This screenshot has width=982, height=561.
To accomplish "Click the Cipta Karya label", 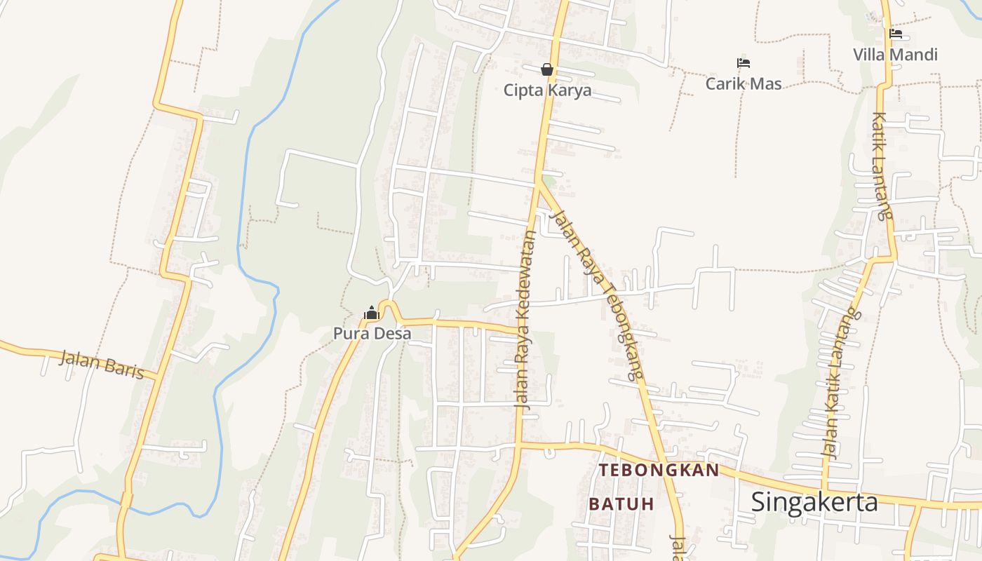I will [x=547, y=90].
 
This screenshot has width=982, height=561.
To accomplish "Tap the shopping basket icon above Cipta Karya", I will [x=547, y=69].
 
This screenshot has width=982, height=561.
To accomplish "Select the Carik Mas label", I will [x=744, y=83].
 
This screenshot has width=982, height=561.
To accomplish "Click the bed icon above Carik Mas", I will [x=744, y=63].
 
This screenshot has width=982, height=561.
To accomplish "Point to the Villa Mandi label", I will [x=895, y=54].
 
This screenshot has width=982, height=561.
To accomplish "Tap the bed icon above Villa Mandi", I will [x=895, y=34].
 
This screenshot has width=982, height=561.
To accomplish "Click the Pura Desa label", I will [x=372, y=333].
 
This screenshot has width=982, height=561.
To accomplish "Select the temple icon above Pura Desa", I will [x=372, y=313].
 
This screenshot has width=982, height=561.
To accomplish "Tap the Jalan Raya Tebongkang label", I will [x=598, y=295].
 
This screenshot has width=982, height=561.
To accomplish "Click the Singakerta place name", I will [x=814, y=502].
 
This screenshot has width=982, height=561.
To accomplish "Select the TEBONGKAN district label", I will [x=659, y=470].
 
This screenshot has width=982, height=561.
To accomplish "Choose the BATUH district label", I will [x=621, y=503].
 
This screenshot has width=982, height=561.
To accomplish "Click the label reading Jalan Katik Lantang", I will [x=840, y=384].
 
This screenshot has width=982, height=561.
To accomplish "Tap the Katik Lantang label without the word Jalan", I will [x=882, y=166].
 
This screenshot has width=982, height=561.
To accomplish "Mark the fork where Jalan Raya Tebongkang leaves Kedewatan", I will [x=538, y=184].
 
